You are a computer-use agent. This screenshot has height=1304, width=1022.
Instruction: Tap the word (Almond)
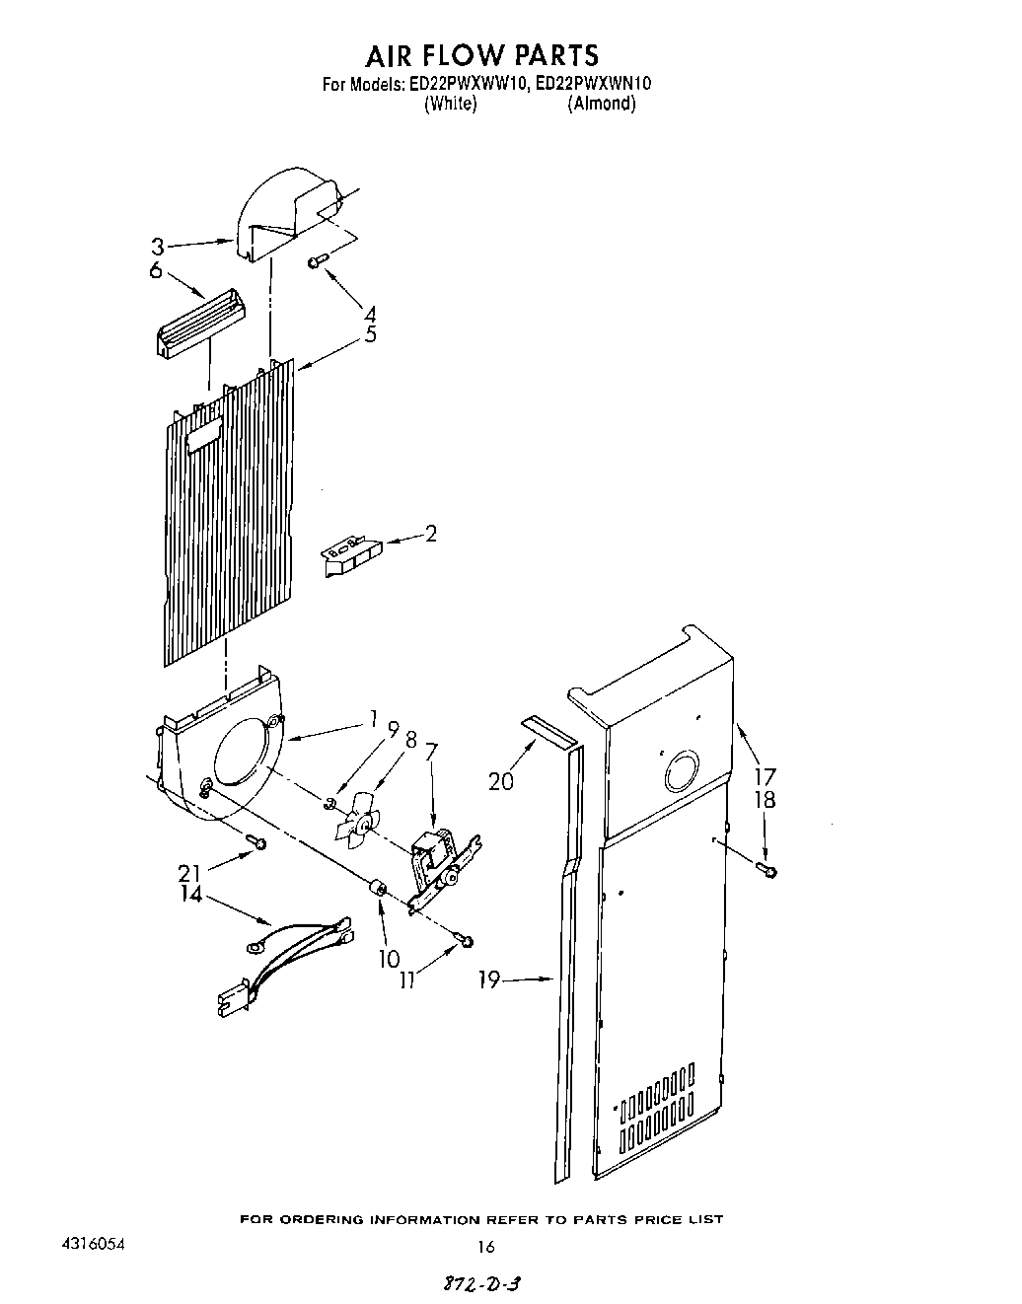pos(601,104)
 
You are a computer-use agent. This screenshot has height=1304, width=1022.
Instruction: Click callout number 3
pos(157,246)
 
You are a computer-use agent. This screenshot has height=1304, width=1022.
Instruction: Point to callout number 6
pos(156,269)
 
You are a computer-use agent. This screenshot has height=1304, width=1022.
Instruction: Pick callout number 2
pos(430,535)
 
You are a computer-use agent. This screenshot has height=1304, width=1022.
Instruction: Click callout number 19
pos(489,979)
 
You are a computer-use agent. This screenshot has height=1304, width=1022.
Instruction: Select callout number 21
pos(190,872)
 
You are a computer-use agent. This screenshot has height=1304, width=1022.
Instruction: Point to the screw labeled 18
pos(766,869)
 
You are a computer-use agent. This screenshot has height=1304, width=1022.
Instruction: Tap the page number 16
pos(485,1247)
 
